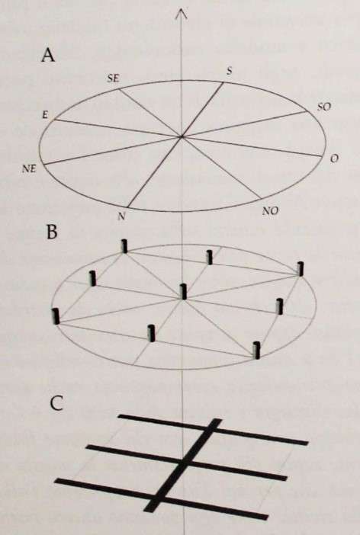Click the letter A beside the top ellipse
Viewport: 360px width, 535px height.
pos(48,55)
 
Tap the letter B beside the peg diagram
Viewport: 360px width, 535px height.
pos(52,232)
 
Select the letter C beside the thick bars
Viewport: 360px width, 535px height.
pos(56,403)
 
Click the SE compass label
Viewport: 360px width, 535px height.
pos(114,78)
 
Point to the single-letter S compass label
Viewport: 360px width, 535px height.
pos(229,71)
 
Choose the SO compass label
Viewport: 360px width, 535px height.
pos(324,107)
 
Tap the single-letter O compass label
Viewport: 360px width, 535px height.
pos(334,159)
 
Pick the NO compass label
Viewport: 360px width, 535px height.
pos(270,211)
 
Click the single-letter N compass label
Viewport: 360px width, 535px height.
pos(121,216)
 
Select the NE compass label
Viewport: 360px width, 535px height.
pos(29,168)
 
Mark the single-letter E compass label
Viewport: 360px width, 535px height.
pos(45,115)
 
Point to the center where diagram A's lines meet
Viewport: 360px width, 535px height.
pos(182,136)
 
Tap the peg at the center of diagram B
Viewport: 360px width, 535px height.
pos(184,291)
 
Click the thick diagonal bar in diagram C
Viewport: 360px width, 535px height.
pos(183,466)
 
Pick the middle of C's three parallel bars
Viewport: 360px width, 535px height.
pos(187,463)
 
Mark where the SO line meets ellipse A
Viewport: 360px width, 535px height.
pos(306,111)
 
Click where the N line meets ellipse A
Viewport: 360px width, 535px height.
pos(127,208)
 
